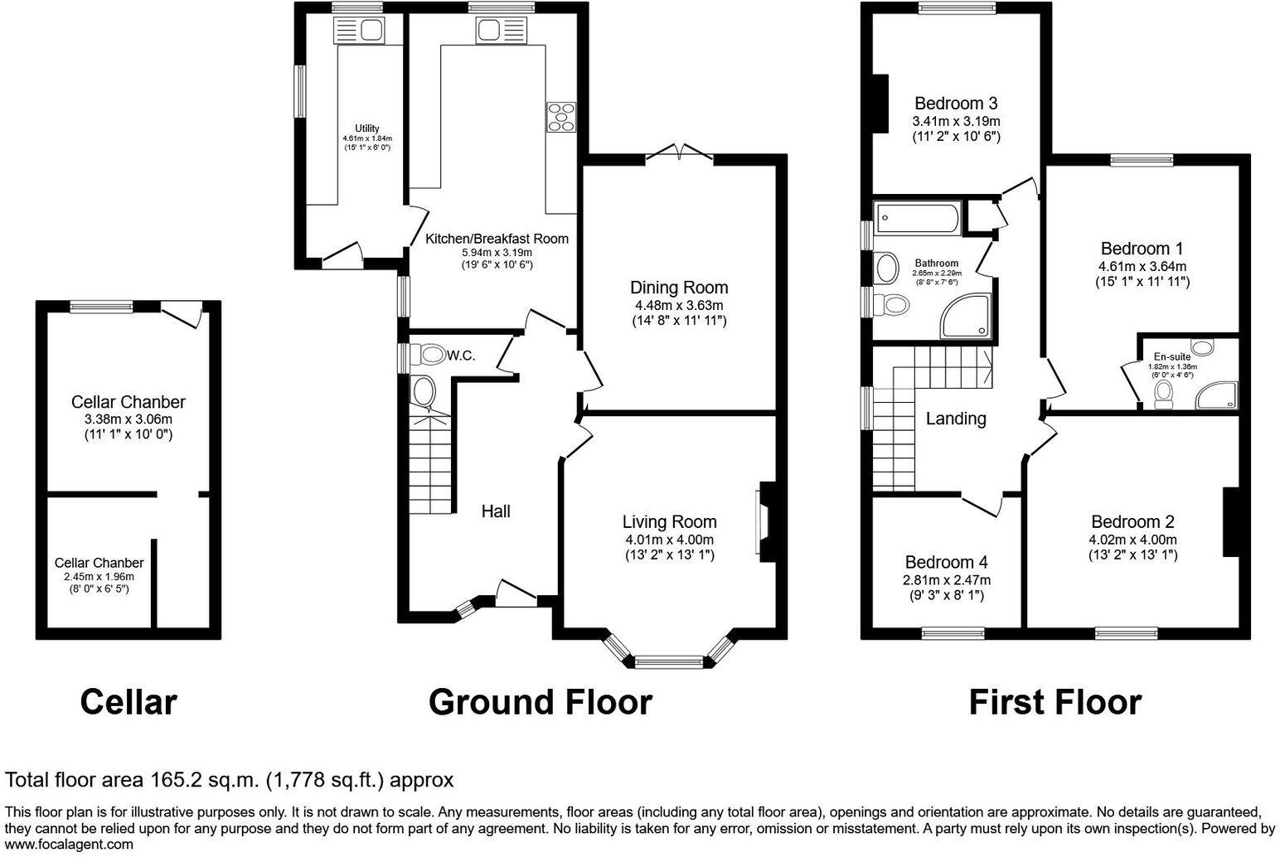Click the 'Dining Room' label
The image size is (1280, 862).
coord(679,287)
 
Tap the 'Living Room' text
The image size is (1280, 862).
coord(669,521)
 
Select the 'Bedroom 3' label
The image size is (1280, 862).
coord(956,104)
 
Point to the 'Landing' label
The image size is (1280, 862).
coord(956,419)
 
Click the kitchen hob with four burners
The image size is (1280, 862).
coord(561,117)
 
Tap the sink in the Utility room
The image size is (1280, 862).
coord(360,31)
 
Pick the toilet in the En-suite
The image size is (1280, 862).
coord(1163,395)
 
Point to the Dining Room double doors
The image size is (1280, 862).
coord(680,152)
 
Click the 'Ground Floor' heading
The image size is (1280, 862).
coord(540,702)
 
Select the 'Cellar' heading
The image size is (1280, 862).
coord(128,702)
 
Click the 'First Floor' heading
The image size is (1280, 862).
coord(1055,702)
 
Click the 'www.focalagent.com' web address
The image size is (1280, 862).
coord(69,845)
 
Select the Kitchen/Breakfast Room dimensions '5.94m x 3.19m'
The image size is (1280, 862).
coord(497,252)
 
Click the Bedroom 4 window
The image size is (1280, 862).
coord(953,633)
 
